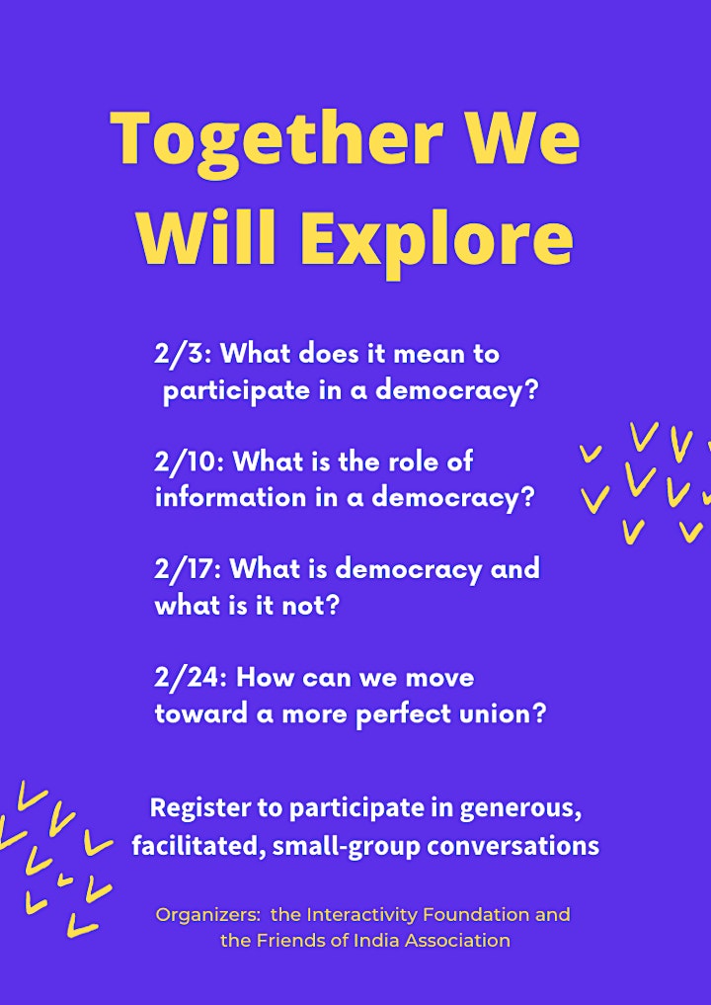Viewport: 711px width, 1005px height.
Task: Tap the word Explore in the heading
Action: point(436,240)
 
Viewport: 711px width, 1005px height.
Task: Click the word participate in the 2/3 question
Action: point(236,391)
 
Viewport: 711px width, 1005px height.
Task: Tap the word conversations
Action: point(513,846)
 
